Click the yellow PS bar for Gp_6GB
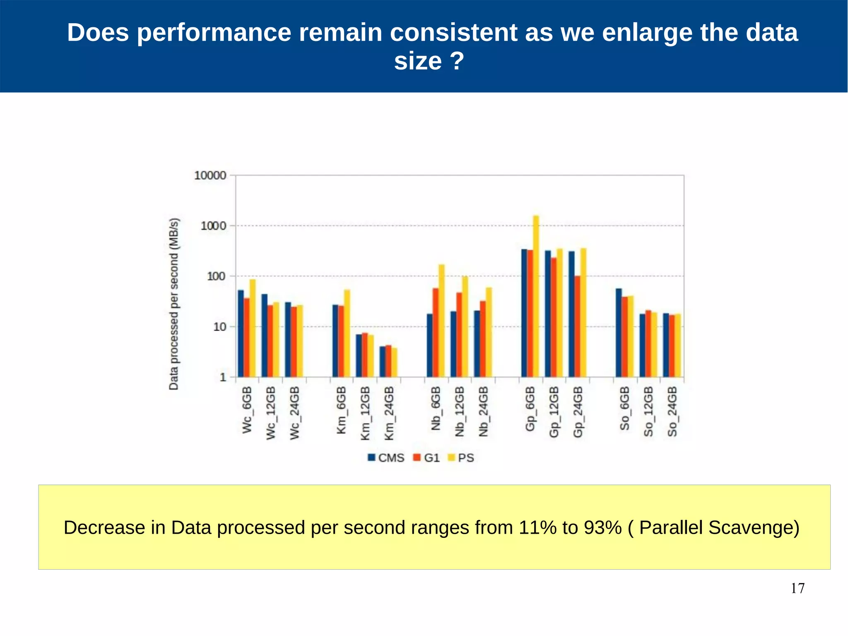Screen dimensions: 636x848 [536, 296]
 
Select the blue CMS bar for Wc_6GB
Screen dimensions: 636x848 [241, 334]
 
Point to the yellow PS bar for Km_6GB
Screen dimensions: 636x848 [347, 333]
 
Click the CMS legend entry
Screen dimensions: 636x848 [386, 457]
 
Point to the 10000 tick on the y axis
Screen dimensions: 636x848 [210, 176]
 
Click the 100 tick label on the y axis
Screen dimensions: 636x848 [217, 276]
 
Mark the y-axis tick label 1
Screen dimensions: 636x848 [223, 377]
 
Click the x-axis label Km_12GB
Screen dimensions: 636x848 [365, 413]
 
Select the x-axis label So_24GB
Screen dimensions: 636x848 [672, 411]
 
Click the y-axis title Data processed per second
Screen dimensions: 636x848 [174, 304]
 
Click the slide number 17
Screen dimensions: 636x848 [797, 588]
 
